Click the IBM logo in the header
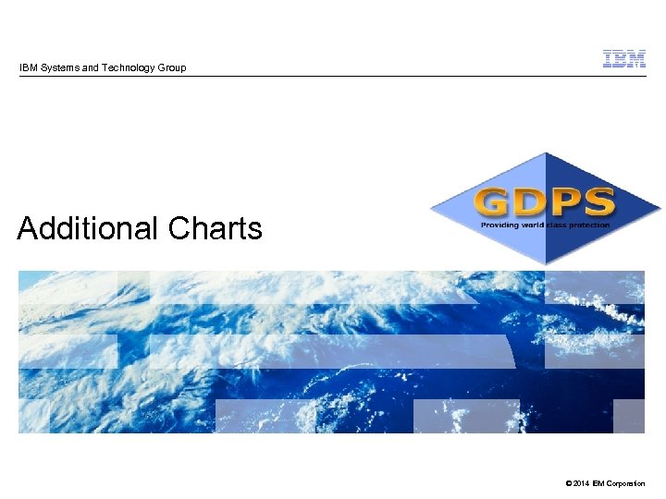click(x=624, y=59)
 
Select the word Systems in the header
click(x=57, y=67)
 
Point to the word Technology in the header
click(x=127, y=67)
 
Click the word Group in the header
click(x=171, y=67)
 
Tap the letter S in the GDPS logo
click(x=597, y=201)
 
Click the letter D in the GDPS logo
click(x=530, y=201)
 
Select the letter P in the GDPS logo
click(x=563, y=201)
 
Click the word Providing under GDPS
click(x=499, y=225)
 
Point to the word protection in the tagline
click(x=589, y=225)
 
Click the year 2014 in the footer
click(x=579, y=484)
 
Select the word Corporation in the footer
click(x=625, y=484)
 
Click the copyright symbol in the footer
click(x=565, y=484)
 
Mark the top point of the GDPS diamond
click(x=547, y=153)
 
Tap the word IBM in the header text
click(x=28, y=67)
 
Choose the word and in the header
click(x=90, y=67)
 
